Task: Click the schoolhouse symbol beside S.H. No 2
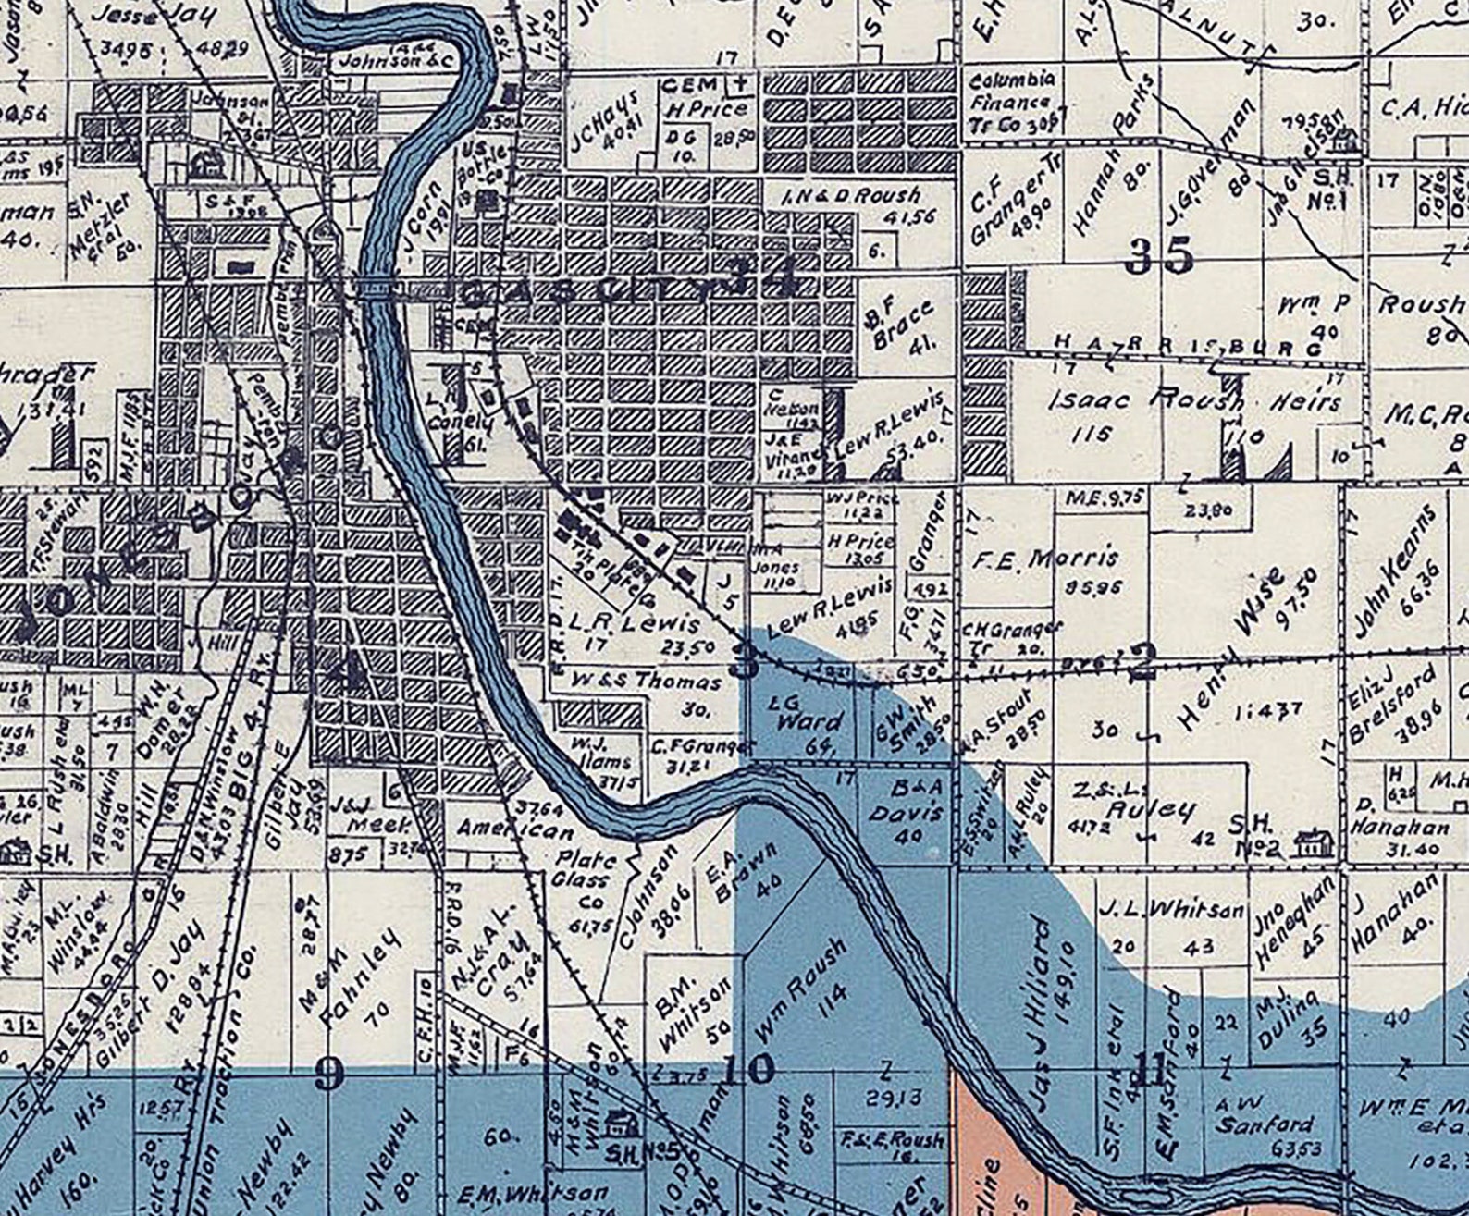click(x=1311, y=843)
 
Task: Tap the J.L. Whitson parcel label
click(x=1171, y=910)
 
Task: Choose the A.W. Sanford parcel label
click(x=1264, y=1114)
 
